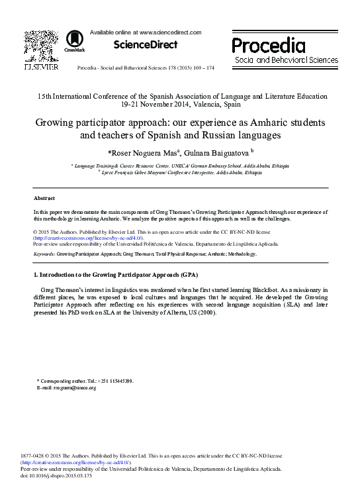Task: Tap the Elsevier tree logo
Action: pyautogui.click(x=41, y=44)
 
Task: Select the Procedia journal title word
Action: pyautogui.click(x=268, y=46)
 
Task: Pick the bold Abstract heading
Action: pyautogui.click(x=44, y=198)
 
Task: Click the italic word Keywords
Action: pyautogui.click(x=44, y=253)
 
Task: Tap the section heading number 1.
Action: pyautogui.click(x=36, y=274)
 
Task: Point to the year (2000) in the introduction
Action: pyautogui.click(x=206, y=314)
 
